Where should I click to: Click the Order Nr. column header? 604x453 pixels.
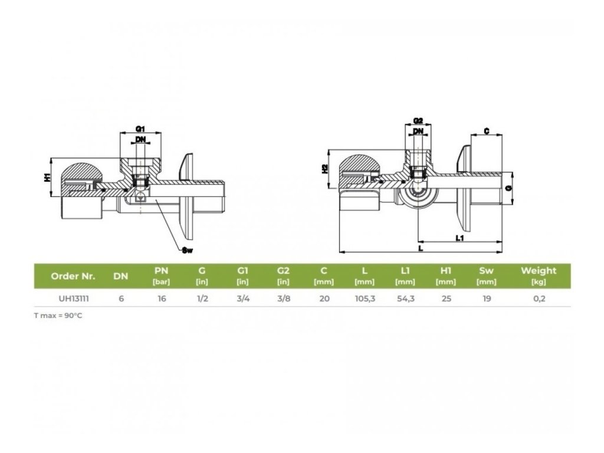[73, 275]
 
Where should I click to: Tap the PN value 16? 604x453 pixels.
[162, 298]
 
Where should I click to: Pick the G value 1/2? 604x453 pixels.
[202, 298]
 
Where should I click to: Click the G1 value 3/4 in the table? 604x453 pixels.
[242, 298]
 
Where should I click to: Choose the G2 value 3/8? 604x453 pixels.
[283, 298]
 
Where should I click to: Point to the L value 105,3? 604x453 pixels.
[365, 298]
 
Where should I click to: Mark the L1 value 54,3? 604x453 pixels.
[405, 298]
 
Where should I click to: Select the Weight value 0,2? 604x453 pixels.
[539, 298]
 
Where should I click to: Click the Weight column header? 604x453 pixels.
[539, 271]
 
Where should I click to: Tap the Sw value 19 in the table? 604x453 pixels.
[487, 298]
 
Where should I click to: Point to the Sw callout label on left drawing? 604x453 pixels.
[188, 251]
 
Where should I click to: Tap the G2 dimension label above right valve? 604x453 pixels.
[418, 121]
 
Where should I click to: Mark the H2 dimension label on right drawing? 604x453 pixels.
[325, 169]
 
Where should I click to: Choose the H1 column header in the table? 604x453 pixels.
[446, 271]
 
